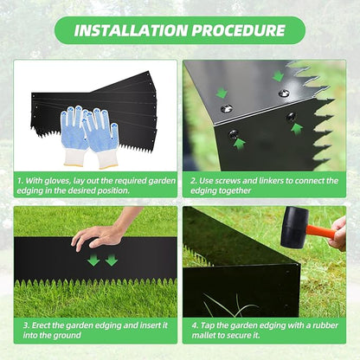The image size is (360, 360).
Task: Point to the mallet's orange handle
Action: coord(323,232)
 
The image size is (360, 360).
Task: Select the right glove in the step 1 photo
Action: coord(102,134)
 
